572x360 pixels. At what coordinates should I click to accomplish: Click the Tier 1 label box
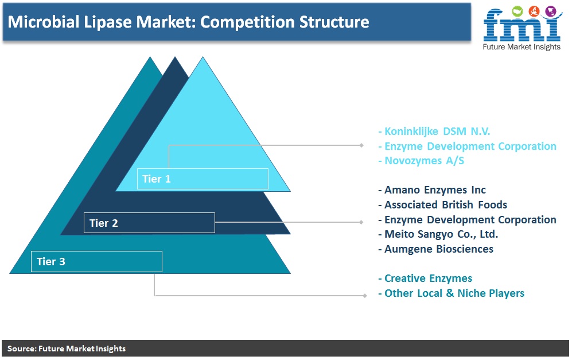coord(203,179)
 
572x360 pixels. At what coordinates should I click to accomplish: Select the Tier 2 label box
coord(149,223)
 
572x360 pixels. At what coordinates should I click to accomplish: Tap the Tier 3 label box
coord(96,261)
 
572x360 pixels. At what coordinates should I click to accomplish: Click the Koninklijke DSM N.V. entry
coord(434,131)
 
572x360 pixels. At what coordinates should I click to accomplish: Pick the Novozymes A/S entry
coord(421,161)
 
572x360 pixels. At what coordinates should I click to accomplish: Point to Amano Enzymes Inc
coord(432,190)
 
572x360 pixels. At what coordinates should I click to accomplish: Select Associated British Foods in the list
coord(442,205)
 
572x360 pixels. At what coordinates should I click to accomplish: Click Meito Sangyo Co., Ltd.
coord(438,234)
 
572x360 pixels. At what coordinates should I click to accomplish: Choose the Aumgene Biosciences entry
coord(435,249)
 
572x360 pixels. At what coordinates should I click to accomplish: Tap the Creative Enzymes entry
coord(425,278)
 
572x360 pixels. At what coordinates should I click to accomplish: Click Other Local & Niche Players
coord(452,293)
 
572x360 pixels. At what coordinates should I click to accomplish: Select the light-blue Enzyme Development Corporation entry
coord(468,146)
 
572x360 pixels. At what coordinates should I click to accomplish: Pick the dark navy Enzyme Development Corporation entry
coord(468,219)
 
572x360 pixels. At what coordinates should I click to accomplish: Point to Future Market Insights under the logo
coord(522,47)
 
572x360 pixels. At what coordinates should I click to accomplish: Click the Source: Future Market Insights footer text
coord(67,349)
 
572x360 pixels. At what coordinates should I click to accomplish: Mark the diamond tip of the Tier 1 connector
coord(361,145)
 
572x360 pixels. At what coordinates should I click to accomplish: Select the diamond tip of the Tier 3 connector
coord(365,295)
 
